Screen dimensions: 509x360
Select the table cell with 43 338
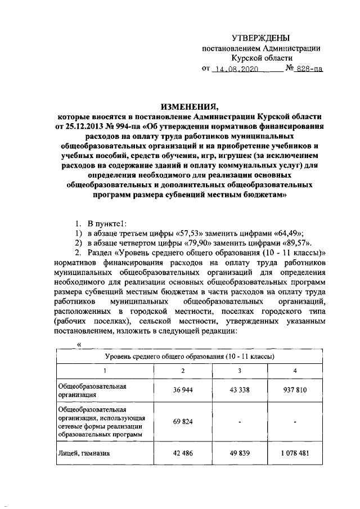(240, 390)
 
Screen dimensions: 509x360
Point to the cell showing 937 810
(295, 390)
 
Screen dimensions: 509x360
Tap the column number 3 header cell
(240, 370)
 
